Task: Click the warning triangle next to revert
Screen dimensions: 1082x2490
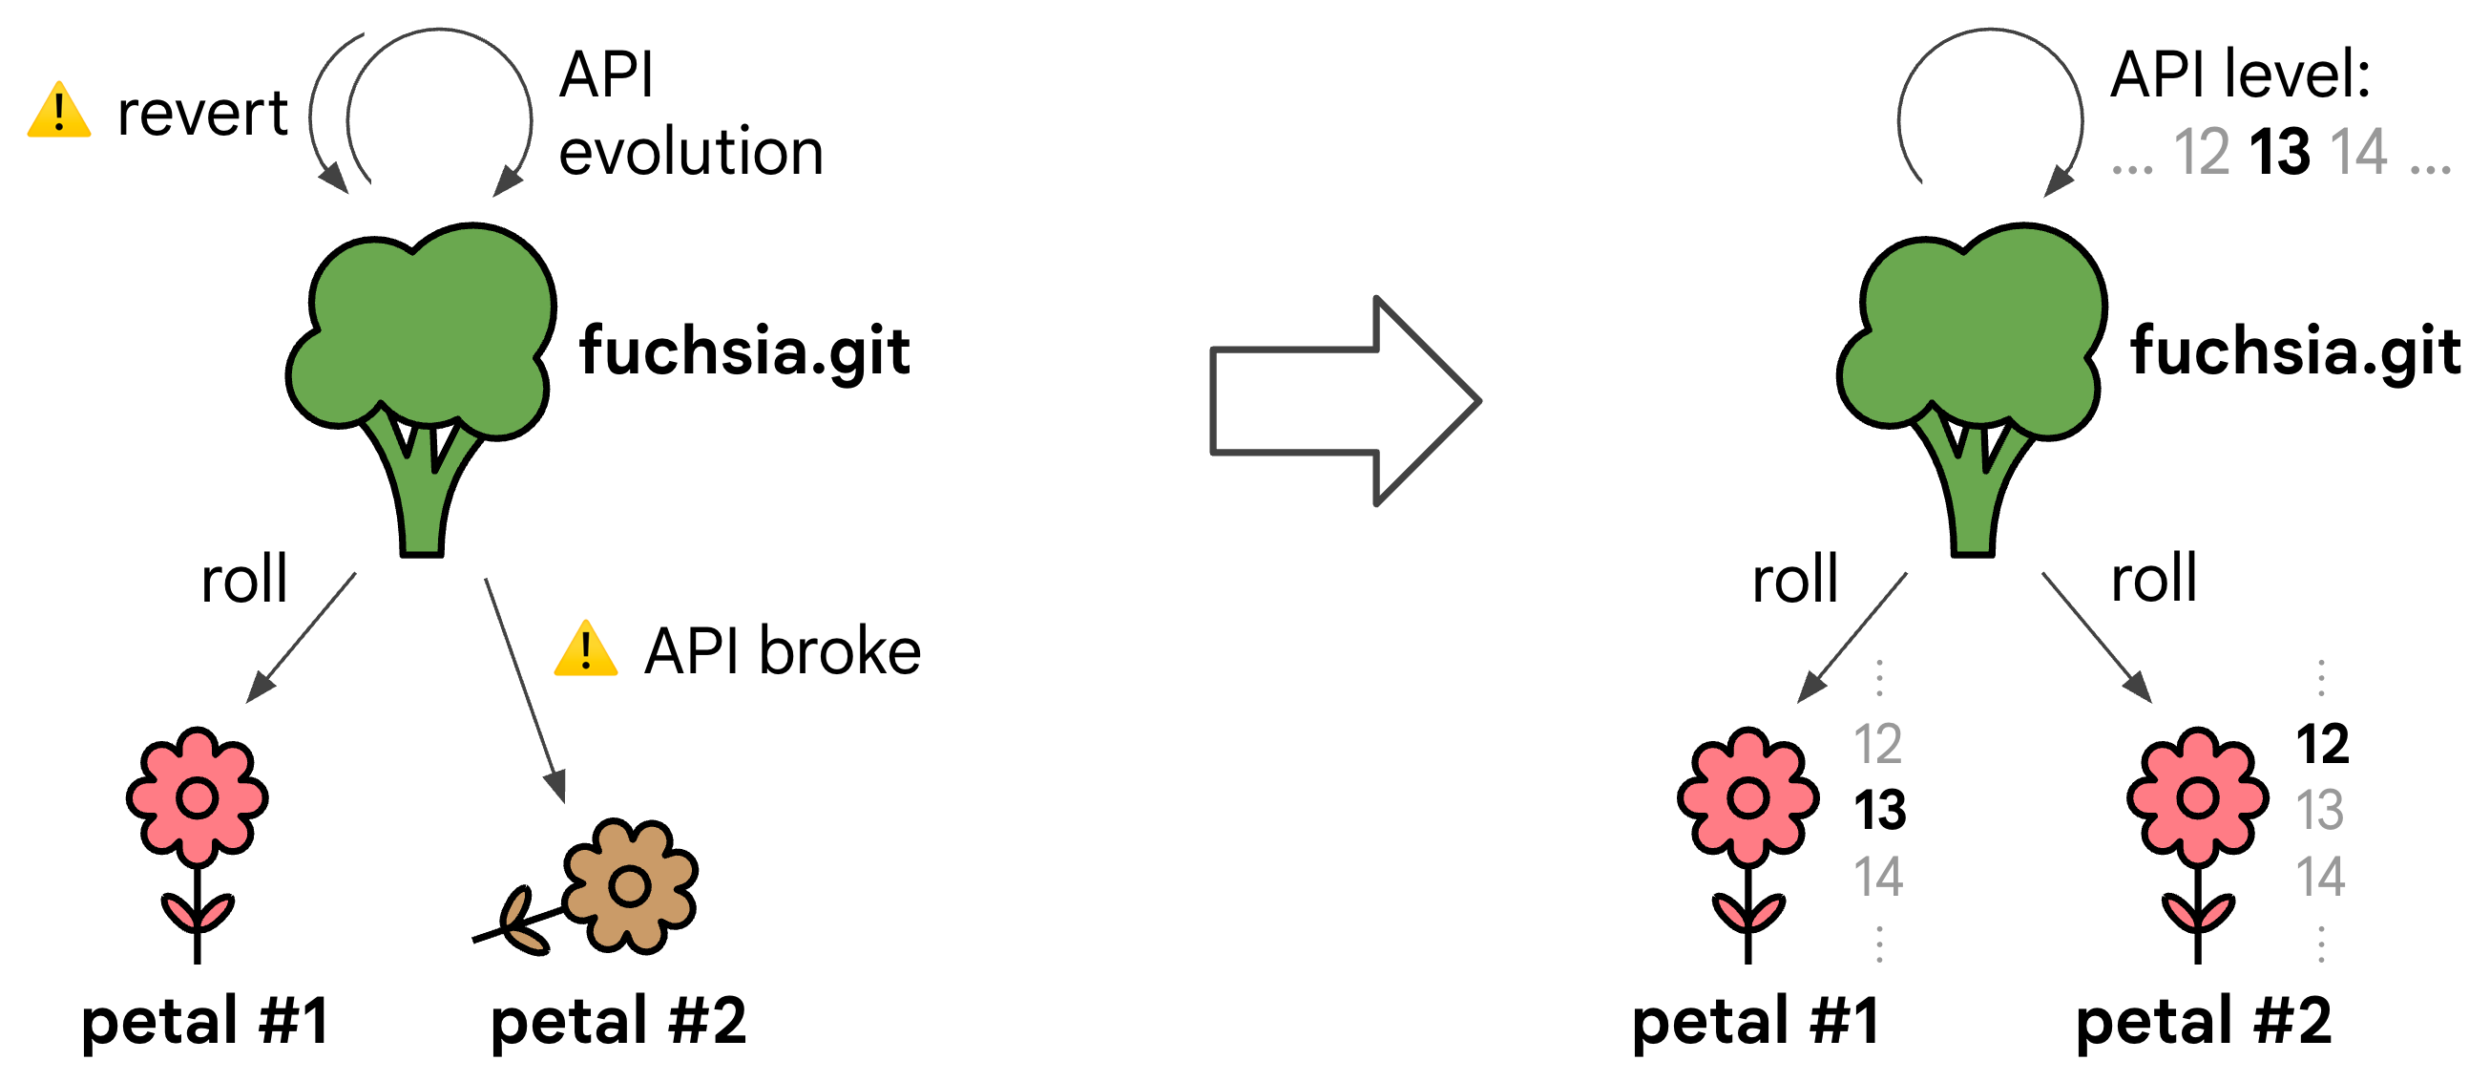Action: point(59,112)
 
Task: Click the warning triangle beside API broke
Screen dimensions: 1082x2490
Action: point(586,649)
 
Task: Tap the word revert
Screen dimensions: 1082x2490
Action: point(202,114)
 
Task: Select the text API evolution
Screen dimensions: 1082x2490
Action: point(690,114)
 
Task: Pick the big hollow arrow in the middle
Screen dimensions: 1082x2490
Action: point(1344,400)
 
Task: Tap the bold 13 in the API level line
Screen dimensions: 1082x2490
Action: point(2279,153)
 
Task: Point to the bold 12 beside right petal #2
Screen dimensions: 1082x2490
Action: point(2322,745)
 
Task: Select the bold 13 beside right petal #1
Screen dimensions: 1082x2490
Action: point(1879,810)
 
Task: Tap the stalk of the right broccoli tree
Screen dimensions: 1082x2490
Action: point(1973,503)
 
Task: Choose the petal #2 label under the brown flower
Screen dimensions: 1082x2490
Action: point(618,1021)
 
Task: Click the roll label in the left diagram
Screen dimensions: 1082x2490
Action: point(243,581)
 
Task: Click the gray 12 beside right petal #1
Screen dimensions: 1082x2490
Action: point(1877,745)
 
